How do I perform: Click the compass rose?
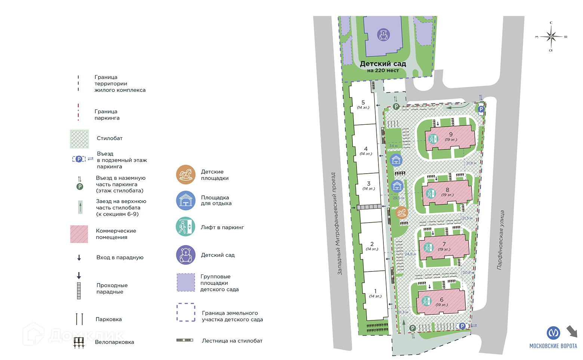click(551, 37)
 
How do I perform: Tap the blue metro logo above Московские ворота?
click(553, 333)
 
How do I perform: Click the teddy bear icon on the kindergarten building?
click(383, 35)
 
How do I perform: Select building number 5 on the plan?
click(363, 104)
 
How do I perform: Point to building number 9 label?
click(451, 135)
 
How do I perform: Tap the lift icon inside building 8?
click(431, 193)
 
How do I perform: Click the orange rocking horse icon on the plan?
click(401, 212)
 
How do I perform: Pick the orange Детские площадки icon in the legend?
click(186, 174)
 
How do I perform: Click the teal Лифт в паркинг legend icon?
click(185, 227)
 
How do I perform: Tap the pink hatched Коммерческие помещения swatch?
click(79, 234)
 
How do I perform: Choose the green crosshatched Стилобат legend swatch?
click(79, 139)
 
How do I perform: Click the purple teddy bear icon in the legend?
click(186, 255)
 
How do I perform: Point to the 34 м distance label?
click(393, 146)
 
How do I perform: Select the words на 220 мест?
click(383, 71)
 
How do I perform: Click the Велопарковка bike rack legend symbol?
click(79, 342)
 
